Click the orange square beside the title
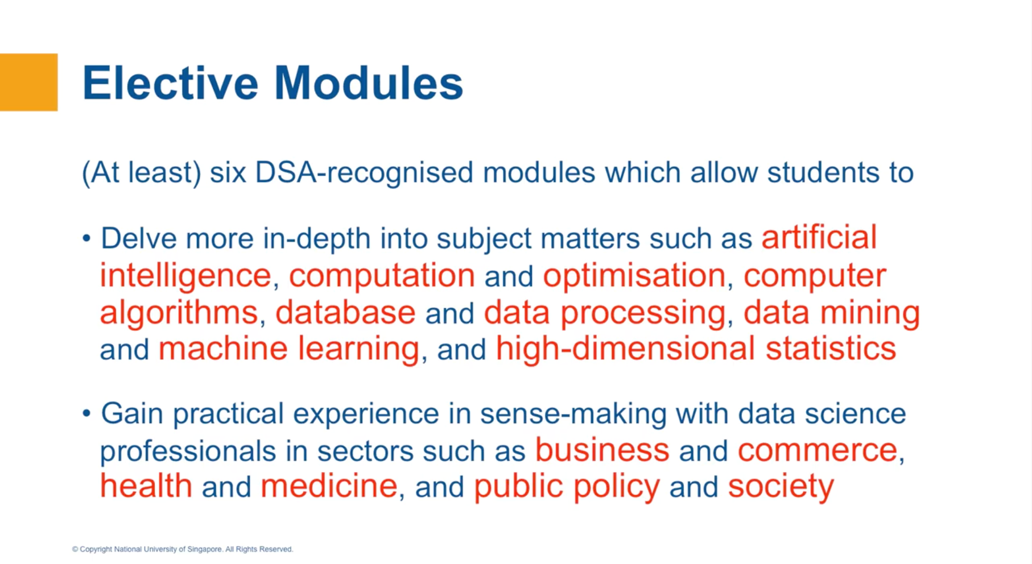(x=28, y=82)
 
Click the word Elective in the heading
(x=170, y=83)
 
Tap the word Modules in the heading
(x=368, y=83)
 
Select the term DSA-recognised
(x=364, y=172)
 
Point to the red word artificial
(x=819, y=237)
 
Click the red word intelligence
(x=185, y=275)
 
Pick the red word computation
(x=382, y=275)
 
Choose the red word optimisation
(x=634, y=275)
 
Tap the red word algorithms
(x=179, y=313)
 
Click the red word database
(x=345, y=313)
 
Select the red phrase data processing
(x=605, y=313)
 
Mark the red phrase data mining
(x=831, y=313)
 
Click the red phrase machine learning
(x=288, y=349)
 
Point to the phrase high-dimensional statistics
(x=695, y=349)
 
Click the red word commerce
(x=817, y=450)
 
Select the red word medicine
(x=329, y=486)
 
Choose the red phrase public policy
(x=566, y=487)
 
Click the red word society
(x=781, y=487)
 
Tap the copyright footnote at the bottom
(x=183, y=549)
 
